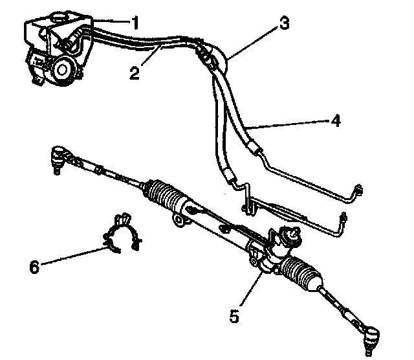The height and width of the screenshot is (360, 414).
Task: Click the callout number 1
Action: coord(135,23)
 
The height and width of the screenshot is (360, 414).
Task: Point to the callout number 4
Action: coord(336,120)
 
